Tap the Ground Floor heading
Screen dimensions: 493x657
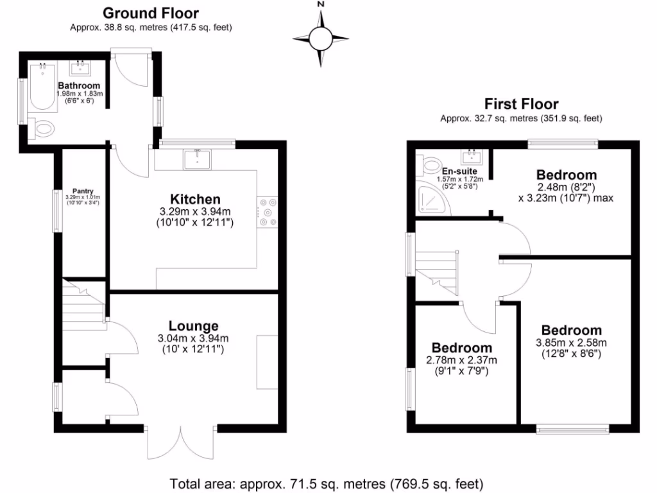coord(151,13)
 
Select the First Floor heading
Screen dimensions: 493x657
coord(521,103)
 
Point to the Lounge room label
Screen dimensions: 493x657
coord(193,326)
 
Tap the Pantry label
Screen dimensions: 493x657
coord(83,191)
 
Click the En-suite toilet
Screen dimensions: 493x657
coord(429,166)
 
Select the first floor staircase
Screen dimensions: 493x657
coord(439,270)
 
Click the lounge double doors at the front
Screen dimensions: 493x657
coord(179,443)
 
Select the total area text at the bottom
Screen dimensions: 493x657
coord(326,483)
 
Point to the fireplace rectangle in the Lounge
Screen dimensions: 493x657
coord(267,361)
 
